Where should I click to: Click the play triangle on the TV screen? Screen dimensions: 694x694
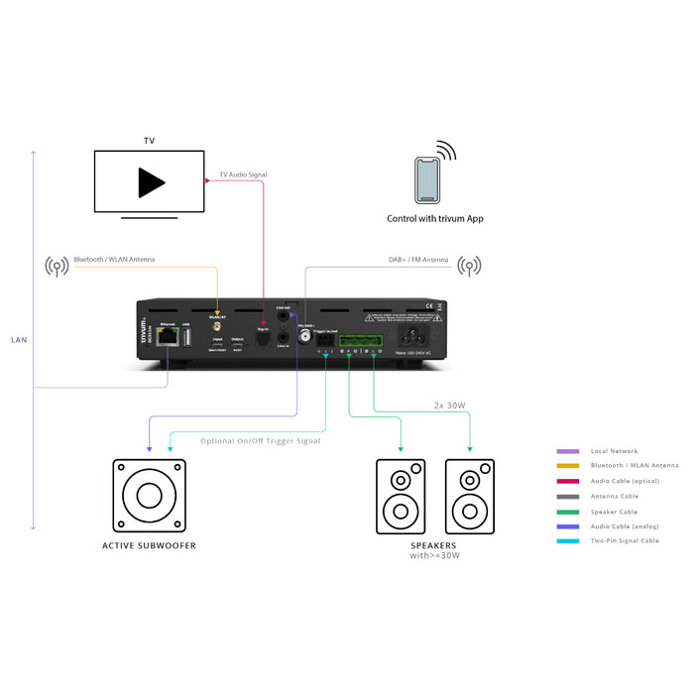click(x=151, y=181)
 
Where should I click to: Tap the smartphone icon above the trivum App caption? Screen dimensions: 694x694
click(x=427, y=179)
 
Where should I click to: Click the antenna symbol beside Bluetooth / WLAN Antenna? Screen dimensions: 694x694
click(x=57, y=266)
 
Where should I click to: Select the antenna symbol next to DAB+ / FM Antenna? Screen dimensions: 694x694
click(x=468, y=266)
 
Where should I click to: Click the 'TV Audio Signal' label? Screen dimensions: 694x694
click(x=243, y=174)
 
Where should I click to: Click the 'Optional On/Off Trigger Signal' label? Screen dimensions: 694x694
click(x=260, y=441)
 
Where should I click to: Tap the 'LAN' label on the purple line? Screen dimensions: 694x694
click(x=19, y=340)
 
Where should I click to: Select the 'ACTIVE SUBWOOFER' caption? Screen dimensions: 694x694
click(x=150, y=545)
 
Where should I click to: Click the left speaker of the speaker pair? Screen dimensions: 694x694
click(x=400, y=496)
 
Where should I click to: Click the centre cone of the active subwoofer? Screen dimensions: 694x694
click(x=150, y=496)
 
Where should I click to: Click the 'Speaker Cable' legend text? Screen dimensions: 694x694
click(x=615, y=512)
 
